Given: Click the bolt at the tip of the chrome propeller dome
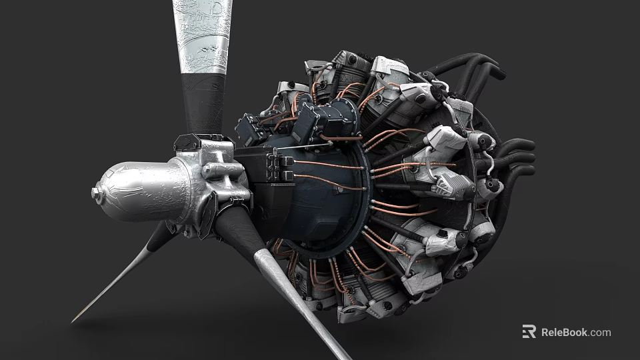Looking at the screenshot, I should coord(95,193).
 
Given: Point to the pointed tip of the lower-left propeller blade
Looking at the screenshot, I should coord(75,319).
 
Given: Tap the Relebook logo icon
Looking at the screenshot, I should coord(529,331).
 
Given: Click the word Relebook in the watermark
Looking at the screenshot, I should coord(564,332).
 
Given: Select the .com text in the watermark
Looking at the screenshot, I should coord(600,332).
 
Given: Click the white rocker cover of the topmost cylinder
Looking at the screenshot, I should coord(390,66).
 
